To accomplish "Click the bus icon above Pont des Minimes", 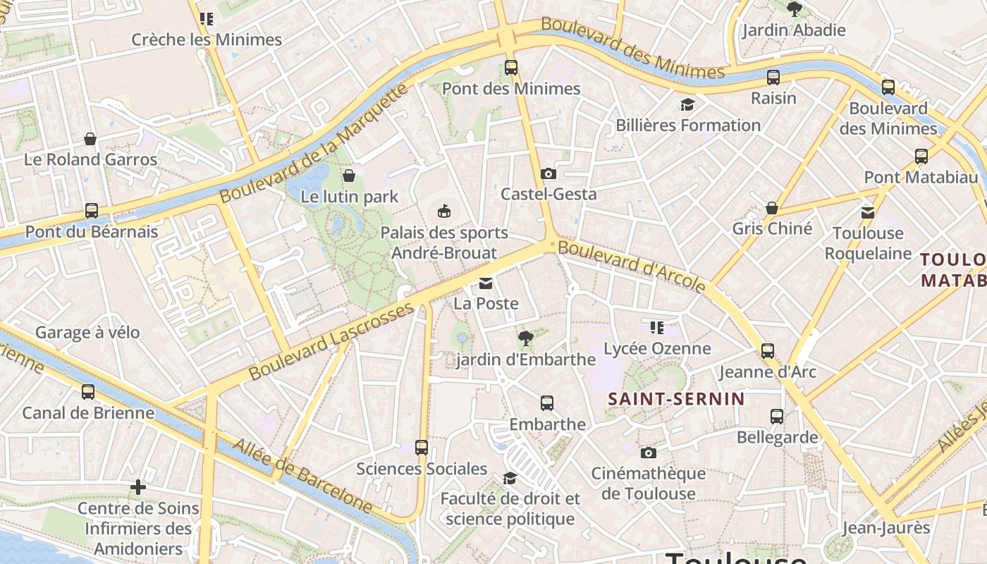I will coord(511,68).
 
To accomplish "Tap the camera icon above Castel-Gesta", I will coord(548,173).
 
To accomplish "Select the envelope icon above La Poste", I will coord(486,283).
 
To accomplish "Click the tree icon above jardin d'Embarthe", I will coord(525,339).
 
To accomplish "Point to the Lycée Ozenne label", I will coord(657,348).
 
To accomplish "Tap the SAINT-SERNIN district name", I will coord(676,399).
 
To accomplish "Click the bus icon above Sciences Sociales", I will coord(422,448).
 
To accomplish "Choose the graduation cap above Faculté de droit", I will coord(510,479).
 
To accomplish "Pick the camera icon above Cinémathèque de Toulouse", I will coord(649,453).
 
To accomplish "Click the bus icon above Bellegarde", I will coord(777,417).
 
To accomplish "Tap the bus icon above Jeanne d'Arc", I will coord(768,351).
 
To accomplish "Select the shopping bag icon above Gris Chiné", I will coord(772,208).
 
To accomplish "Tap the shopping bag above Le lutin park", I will coord(349,176).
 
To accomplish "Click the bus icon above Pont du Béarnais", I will coord(92,211).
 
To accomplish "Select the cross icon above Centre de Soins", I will coord(138,487).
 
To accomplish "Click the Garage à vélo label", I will coord(87,332).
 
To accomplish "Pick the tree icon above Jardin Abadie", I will coord(795,9).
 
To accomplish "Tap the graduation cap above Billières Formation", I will coord(687,105).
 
